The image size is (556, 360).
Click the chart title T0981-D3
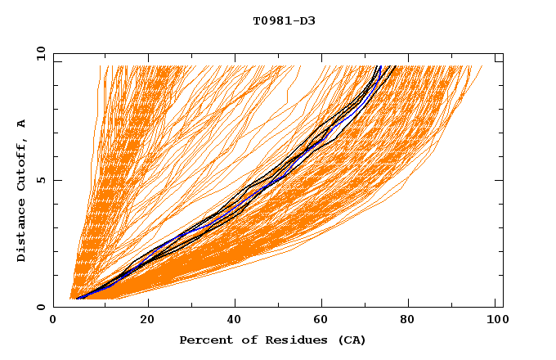(x=284, y=20)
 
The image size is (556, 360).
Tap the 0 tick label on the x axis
(x=53, y=320)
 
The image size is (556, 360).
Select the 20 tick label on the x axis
(x=148, y=320)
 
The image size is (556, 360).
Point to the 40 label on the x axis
(x=236, y=320)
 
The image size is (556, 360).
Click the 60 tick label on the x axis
(x=325, y=320)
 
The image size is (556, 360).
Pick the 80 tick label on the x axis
(x=413, y=320)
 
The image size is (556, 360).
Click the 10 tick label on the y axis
(x=40, y=53)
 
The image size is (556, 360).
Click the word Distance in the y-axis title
(x=21, y=232)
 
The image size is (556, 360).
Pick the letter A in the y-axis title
(x=21, y=123)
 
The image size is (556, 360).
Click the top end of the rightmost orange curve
(x=482, y=66)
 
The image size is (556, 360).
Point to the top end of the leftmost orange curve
(x=100, y=66)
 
